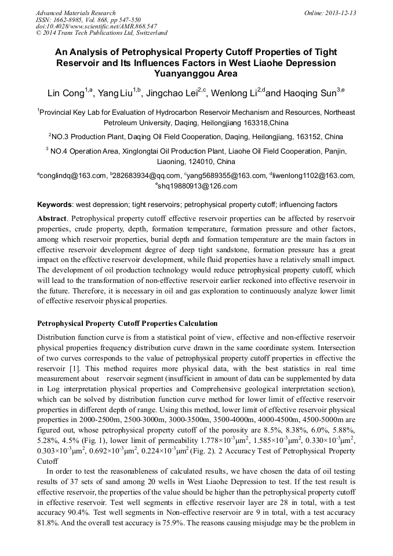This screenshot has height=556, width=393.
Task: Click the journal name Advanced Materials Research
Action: tap(75, 13)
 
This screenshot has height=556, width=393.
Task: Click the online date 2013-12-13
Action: tap(340, 13)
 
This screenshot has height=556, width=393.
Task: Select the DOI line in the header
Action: tap(96, 26)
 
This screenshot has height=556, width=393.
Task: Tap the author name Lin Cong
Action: tap(65, 93)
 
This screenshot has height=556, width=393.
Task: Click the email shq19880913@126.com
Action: tap(198, 186)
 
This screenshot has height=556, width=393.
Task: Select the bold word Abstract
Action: tap(53, 219)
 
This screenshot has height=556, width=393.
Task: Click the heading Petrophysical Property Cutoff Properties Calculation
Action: tap(128, 323)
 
